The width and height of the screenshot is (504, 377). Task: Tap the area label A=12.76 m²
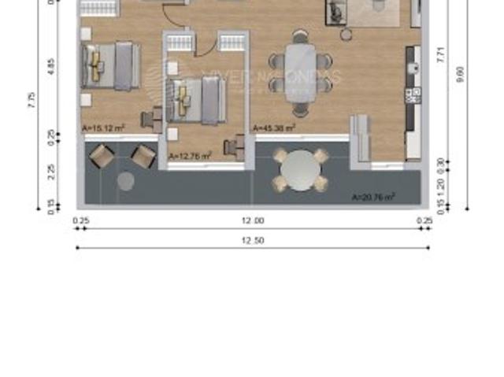(x=190, y=157)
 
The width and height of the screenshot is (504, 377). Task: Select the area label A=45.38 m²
(x=273, y=127)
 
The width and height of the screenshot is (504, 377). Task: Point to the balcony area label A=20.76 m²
(x=373, y=197)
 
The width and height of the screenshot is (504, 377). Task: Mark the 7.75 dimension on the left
(x=31, y=100)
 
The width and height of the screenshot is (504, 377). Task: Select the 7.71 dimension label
(x=441, y=55)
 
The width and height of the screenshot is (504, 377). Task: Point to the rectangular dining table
(x=299, y=67)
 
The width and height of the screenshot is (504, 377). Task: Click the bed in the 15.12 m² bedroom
(x=110, y=65)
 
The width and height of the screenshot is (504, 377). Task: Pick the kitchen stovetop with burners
(x=412, y=96)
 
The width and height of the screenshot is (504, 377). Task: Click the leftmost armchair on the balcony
(x=102, y=156)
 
